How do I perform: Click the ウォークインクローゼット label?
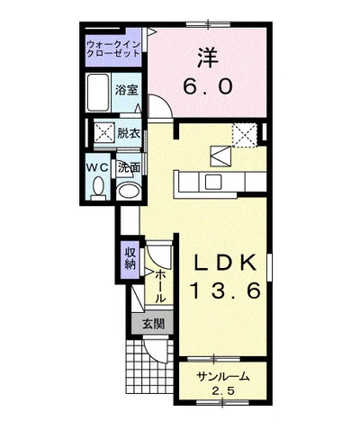[x=113, y=49]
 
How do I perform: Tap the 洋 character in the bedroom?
[x=208, y=58]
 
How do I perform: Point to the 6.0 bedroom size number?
[x=208, y=86]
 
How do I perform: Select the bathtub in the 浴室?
[x=98, y=93]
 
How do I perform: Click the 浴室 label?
[x=127, y=90]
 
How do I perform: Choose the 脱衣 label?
[x=129, y=133]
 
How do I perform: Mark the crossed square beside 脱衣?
[x=104, y=131]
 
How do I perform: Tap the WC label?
[x=97, y=167]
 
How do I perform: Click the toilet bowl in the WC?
[x=98, y=187]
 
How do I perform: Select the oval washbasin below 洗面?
[x=128, y=191]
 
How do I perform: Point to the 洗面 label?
[x=129, y=167]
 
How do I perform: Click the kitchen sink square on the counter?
[x=213, y=181]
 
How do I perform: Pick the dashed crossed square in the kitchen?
[x=245, y=135]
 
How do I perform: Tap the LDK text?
[x=225, y=263]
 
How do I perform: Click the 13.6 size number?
[x=225, y=291]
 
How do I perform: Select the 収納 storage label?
[x=130, y=258]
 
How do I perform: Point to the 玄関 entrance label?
[x=153, y=324]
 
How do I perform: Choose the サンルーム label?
[x=222, y=376]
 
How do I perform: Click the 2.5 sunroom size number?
[x=223, y=391]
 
